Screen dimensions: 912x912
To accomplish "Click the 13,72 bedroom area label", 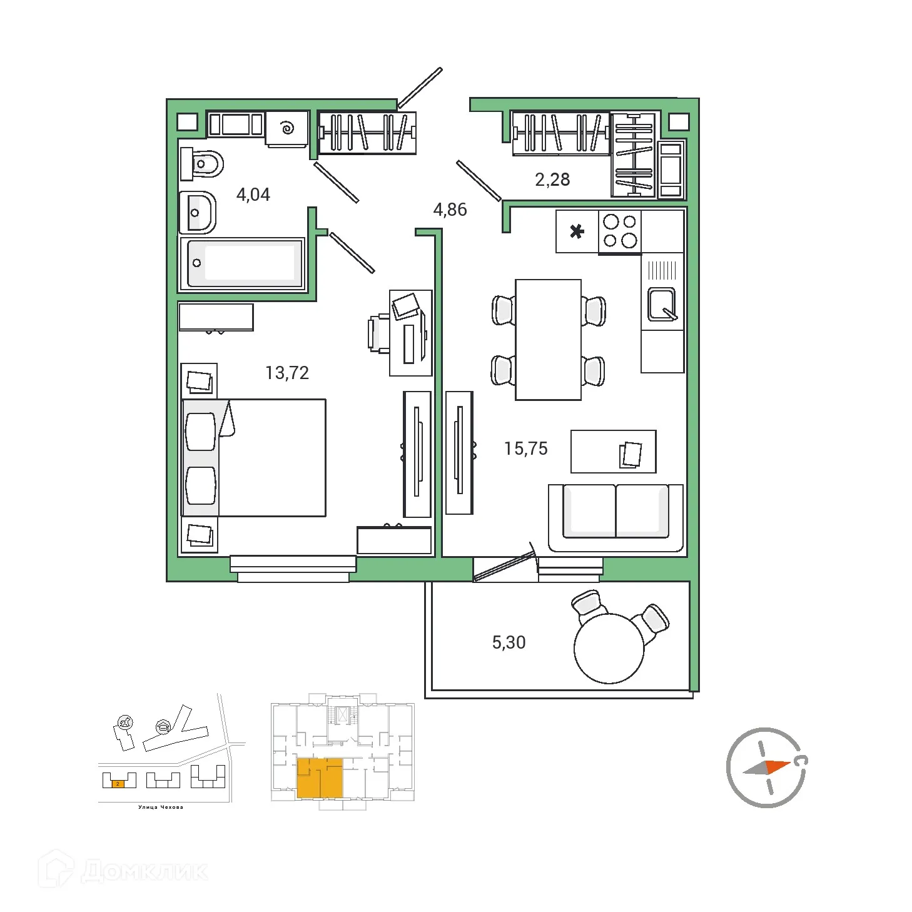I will pyautogui.click(x=287, y=373).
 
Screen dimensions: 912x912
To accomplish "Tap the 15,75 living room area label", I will pyautogui.click(x=525, y=448).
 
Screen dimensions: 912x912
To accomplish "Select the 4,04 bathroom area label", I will pyautogui.click(x=253, y=195).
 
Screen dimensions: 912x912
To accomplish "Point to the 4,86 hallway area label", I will pyautogui.click(x=450, y=210).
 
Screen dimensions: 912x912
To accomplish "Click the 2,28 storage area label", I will pyautogui.click(x=552, y=180).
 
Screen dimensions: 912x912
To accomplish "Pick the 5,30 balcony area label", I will pyautogui.click(x=509, y=642).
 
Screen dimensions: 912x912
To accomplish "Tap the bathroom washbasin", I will pyautogui.click(x=198, y=213).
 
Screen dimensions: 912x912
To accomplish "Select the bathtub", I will pyautogui.click(x=242, y=263).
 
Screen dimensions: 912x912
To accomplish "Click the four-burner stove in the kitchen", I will pyautogui.click(x=619, y=231).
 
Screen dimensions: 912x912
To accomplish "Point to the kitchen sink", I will pyautogui.click(x=661, y=303).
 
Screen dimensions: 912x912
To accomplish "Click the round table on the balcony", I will pyautogui.click(x=609, y=648).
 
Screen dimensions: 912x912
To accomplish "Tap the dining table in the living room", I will pyautogui.click(x=548, y=340).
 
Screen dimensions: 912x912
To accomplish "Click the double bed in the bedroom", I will pyautogui.click(x=254, y=458).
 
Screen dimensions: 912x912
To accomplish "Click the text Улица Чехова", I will pyautogui.click(x=161, y=807).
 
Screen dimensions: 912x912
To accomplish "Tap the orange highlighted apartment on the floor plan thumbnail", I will pyautogui.click(x=320, y=778).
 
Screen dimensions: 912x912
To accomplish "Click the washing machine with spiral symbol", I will pyautogui.click(x=287, y=129).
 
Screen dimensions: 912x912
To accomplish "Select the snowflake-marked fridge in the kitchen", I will pyautogui.click(x=577, y=231).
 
